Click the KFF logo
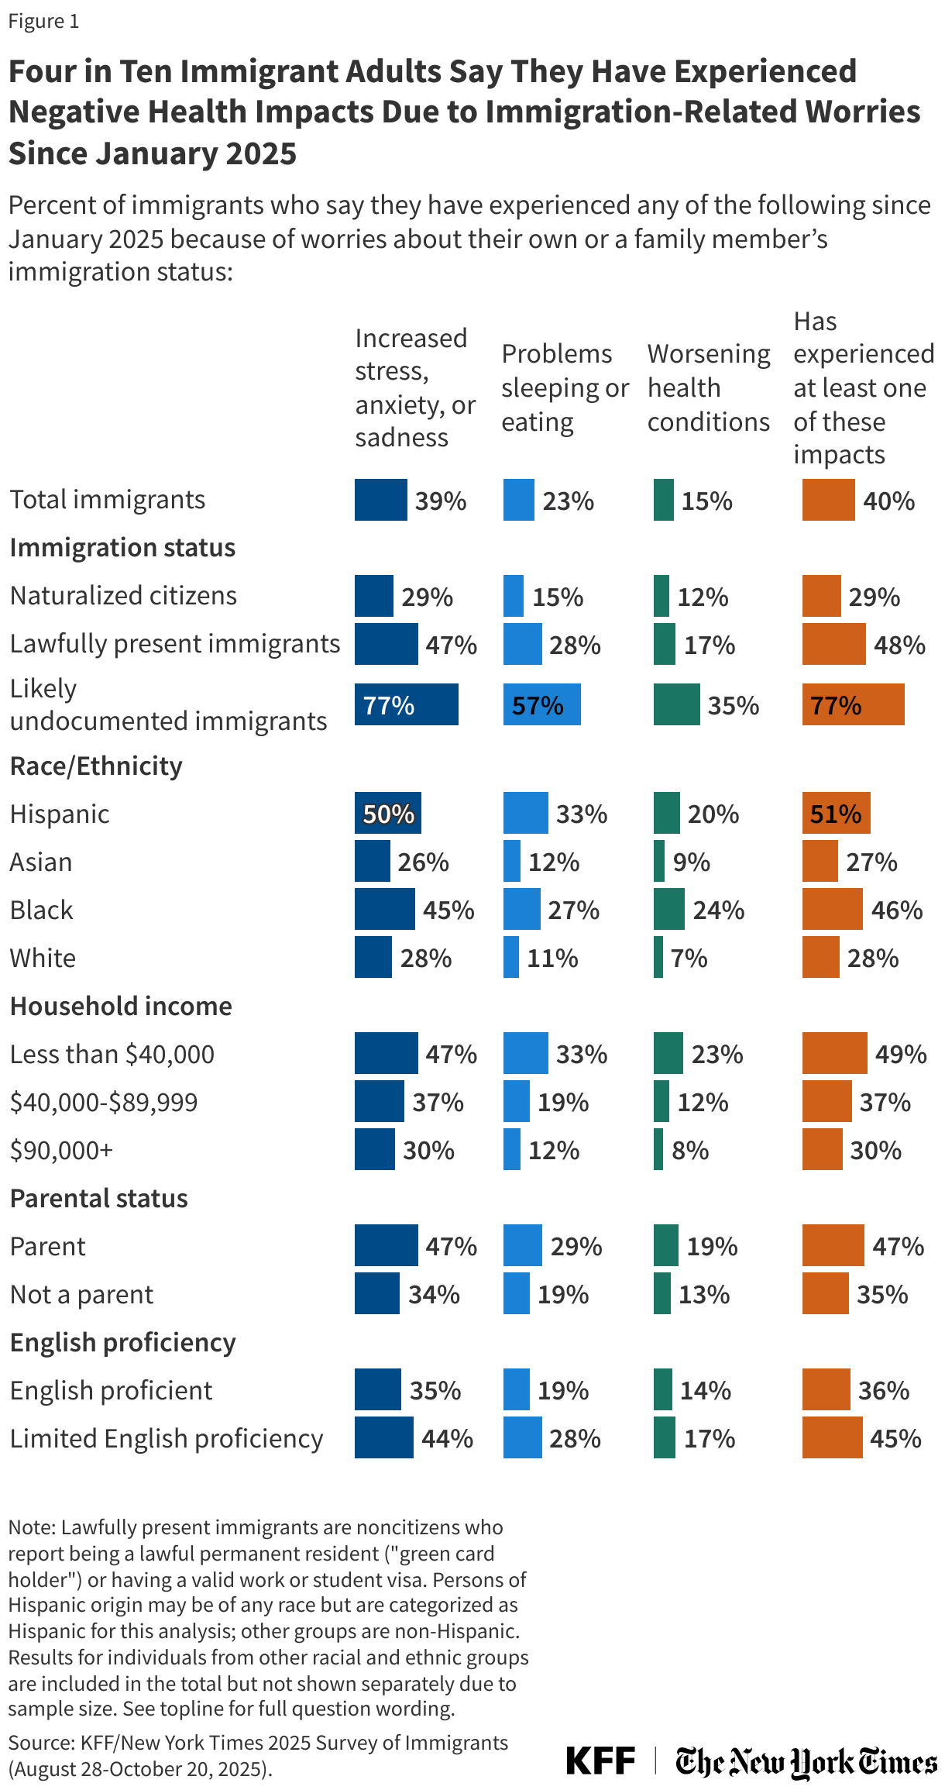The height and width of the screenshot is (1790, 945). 600,1761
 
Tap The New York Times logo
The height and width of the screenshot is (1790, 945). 806,1761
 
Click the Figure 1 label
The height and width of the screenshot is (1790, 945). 43,21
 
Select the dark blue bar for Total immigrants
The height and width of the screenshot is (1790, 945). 380,500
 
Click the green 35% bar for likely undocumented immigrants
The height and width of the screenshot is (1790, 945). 676,704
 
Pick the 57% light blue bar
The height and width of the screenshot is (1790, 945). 541,704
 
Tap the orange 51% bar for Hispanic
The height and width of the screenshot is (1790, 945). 836,813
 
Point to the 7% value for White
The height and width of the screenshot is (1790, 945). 689,958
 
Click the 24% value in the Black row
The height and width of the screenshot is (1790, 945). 718,910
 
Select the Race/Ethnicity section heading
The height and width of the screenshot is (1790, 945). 96,766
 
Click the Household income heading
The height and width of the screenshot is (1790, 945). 121,1006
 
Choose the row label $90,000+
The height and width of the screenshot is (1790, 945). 62,1150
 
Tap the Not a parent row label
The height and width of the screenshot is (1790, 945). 82,1294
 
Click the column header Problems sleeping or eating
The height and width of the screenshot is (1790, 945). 564,387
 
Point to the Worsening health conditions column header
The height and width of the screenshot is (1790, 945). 708,387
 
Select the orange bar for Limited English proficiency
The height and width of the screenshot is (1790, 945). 832,1438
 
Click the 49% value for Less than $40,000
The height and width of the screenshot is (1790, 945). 900,1054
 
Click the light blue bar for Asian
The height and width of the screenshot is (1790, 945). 512,861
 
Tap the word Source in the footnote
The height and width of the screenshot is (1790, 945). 40,1744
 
